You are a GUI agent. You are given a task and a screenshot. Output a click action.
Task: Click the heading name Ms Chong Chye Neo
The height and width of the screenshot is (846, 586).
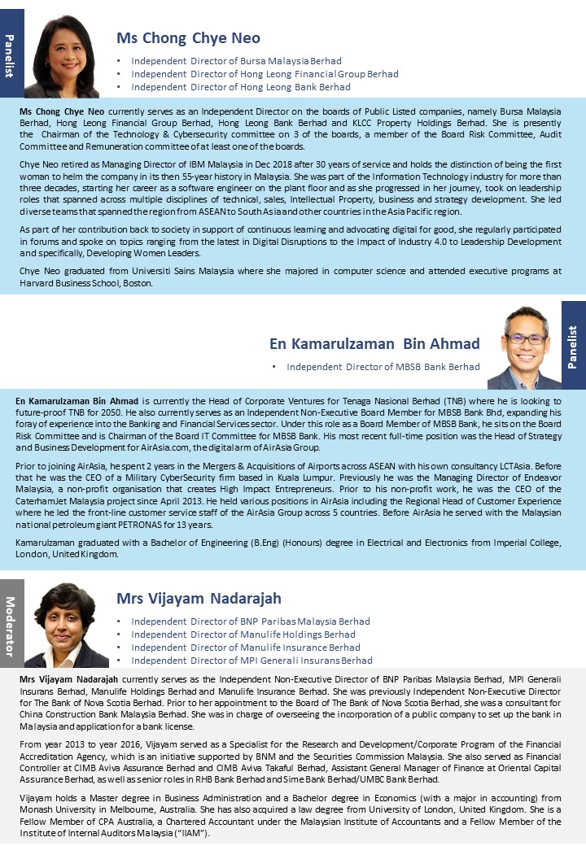(x=188, y=37)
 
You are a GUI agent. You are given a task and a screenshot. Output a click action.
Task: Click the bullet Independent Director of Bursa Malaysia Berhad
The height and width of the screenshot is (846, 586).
(x=236, y=61)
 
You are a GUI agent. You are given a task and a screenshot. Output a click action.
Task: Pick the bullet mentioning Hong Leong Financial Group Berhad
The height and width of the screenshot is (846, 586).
(x=265, y=74)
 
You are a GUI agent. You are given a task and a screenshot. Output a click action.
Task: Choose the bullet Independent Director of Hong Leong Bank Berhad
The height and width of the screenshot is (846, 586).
(x=241, y=87)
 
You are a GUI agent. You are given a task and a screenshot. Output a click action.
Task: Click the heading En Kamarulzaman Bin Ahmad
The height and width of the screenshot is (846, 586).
(x=374, y=343)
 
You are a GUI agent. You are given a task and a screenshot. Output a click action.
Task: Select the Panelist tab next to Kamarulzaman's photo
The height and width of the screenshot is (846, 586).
(x=573, y=346)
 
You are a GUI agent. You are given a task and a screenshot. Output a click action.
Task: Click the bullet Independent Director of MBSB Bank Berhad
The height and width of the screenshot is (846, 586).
(x=383, y=367)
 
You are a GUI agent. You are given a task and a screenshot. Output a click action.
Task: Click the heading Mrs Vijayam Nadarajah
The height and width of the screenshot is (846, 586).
(x=199, y=599)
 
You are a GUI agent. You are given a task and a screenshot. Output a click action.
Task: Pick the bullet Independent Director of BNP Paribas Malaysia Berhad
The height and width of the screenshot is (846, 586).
(x=250, y=621)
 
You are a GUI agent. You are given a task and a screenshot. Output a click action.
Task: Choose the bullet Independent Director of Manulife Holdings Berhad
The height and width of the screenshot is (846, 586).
(x=243, y=634)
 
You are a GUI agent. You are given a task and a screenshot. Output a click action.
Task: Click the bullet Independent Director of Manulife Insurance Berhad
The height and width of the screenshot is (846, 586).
(x=245, y=648)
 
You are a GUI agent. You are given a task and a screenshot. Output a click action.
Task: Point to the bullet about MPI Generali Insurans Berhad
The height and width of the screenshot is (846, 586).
(x=251, y=661)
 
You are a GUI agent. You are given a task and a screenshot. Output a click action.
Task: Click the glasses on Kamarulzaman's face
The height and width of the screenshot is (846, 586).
(x=525, y=338)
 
